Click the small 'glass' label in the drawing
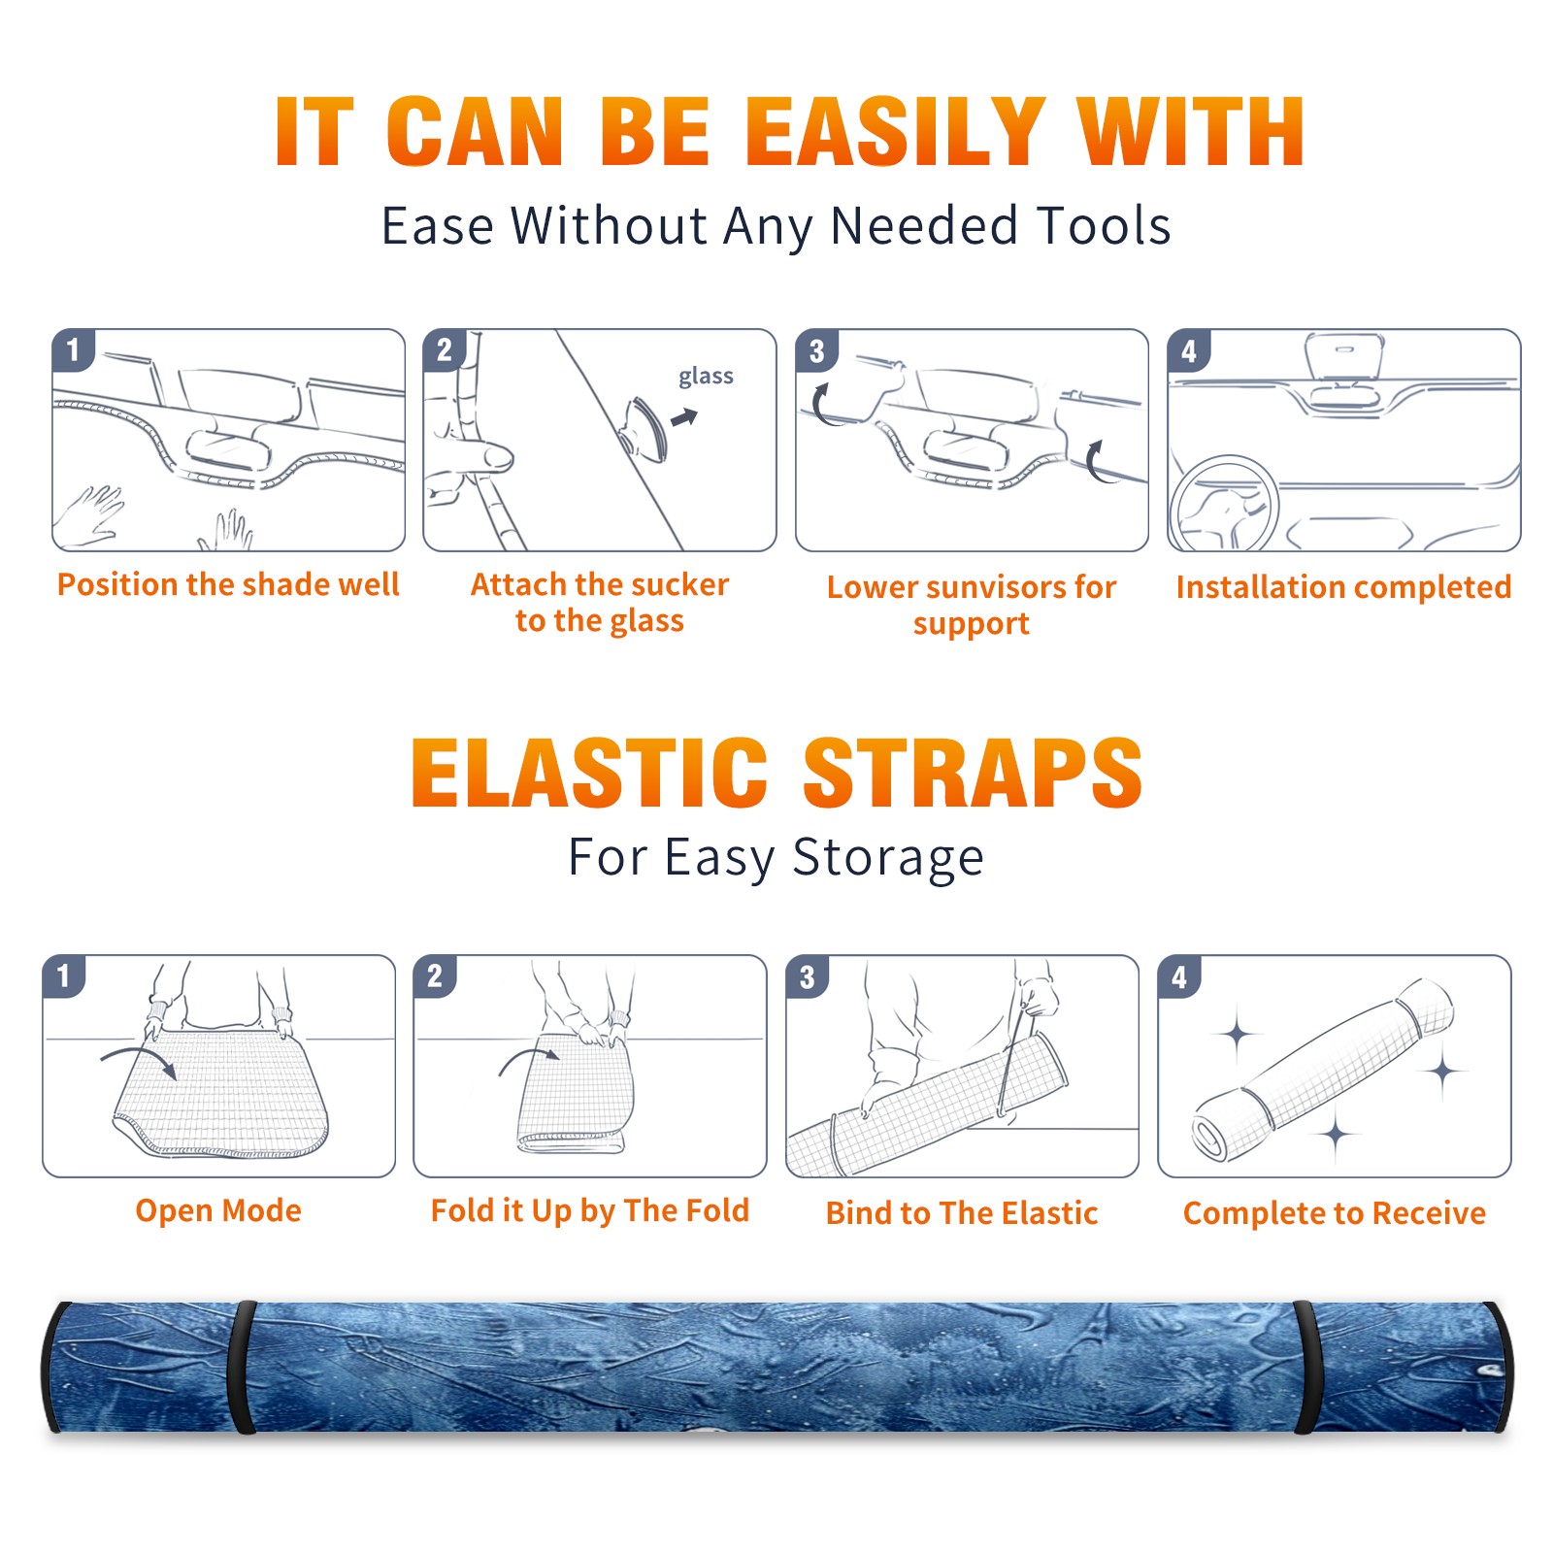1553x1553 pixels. point(706,376)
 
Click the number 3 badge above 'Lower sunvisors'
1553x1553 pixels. point(817,350)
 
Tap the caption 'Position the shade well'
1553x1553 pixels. point(228,584)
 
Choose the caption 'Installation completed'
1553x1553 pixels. point(1343,586)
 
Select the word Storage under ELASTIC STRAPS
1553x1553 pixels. point(888,858)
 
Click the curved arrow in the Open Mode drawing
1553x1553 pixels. point(139,1059)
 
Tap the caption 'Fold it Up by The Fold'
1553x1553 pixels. point(590,1210)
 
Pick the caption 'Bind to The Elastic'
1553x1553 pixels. point(962,1213)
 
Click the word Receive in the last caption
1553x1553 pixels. point(1429,1213)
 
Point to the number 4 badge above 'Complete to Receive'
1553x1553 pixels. point(1179,976)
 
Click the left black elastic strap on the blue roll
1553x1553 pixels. point(242,1368)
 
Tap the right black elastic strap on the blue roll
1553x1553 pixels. point(1305,1368)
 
